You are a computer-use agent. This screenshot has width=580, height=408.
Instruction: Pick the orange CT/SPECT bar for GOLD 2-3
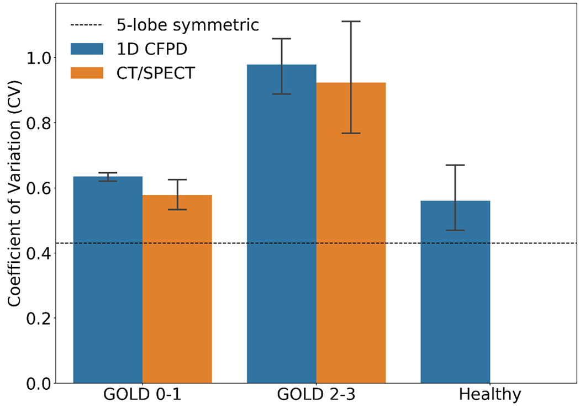point(351,232)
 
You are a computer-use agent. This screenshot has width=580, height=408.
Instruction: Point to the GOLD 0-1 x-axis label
point(143,395)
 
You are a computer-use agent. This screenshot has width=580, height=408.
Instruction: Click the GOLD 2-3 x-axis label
point(316,395)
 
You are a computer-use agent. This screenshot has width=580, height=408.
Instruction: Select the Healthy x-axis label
point(490,395)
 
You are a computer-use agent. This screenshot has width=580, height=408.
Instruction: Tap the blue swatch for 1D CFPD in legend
point(87,49)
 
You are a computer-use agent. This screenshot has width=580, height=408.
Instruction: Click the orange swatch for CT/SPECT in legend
point(87,72)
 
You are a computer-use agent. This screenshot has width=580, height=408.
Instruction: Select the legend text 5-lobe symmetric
point(188,25)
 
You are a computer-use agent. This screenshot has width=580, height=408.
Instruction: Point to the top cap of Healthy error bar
point(455,165)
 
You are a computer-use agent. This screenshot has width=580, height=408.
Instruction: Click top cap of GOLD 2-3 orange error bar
point(351,22)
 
